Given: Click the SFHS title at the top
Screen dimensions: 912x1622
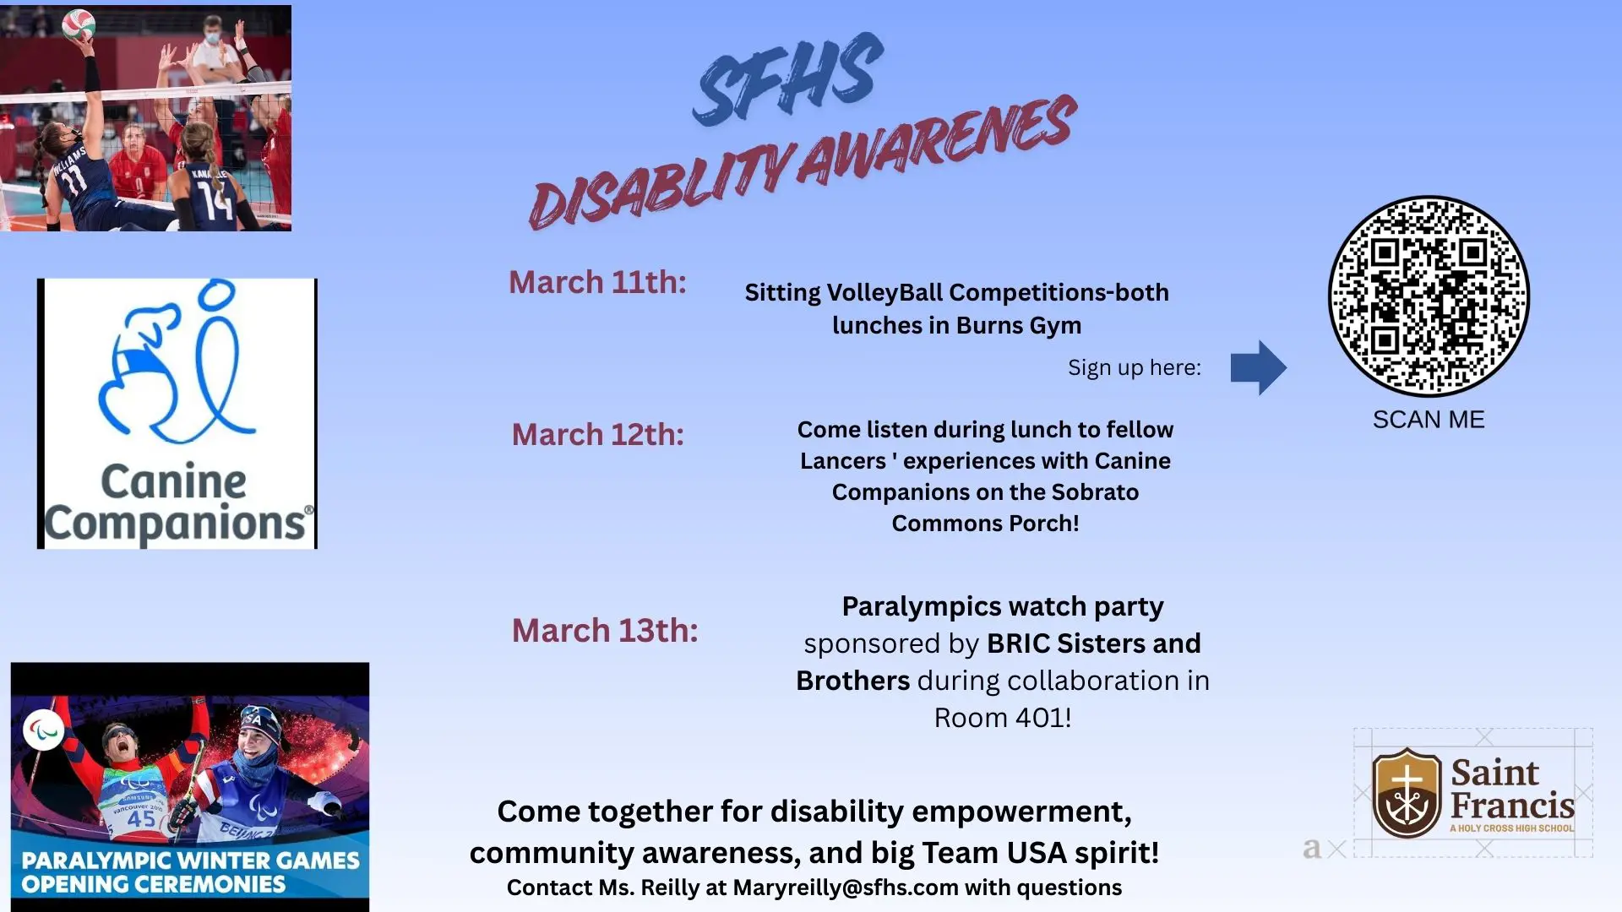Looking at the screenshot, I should click(x=787, y=80).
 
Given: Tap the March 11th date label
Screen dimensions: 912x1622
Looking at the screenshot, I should click(x=597, y=282).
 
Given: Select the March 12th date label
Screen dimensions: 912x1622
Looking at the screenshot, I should click(x=597, y=435).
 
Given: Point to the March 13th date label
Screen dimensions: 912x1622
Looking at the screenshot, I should click(x=605, y=631).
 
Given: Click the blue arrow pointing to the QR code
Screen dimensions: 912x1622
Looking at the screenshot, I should click(x=1258, y=367).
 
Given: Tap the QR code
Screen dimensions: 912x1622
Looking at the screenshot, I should click(x=1429, y=296).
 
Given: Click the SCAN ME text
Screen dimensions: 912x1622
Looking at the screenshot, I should click(x=1429, y=420).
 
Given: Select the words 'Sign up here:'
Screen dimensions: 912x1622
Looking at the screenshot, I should click(x=1134, y=368).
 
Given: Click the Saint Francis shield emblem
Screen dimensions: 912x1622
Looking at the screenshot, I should click(x=1407, y=792).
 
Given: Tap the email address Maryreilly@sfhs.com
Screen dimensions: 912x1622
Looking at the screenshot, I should click(x=846, y=888).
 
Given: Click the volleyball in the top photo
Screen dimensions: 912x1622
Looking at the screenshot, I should click(x=79, y=24).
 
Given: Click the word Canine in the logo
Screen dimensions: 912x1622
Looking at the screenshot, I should click(x=174, y=482).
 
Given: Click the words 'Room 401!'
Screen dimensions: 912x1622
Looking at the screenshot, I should click(x=1002, y=718).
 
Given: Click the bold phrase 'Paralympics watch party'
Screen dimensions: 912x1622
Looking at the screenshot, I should click(x=1002, y=606).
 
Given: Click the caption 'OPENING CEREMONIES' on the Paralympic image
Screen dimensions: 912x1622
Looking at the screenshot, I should click(x=154, y=884).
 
